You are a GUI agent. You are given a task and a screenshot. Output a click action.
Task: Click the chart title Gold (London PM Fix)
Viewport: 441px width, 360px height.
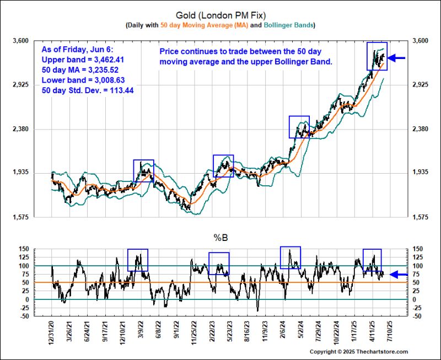pyautogui.click(x=220, y=15)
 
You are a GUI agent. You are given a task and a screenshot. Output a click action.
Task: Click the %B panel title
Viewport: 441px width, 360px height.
pyautogui.click(x=220, y=238)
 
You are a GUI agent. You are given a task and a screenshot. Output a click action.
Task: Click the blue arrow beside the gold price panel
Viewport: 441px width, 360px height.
pyautogui.click(x=397, y=57)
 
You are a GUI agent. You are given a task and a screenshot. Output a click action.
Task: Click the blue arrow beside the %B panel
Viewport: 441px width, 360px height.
pyautogui.click(x=399, y=274)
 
